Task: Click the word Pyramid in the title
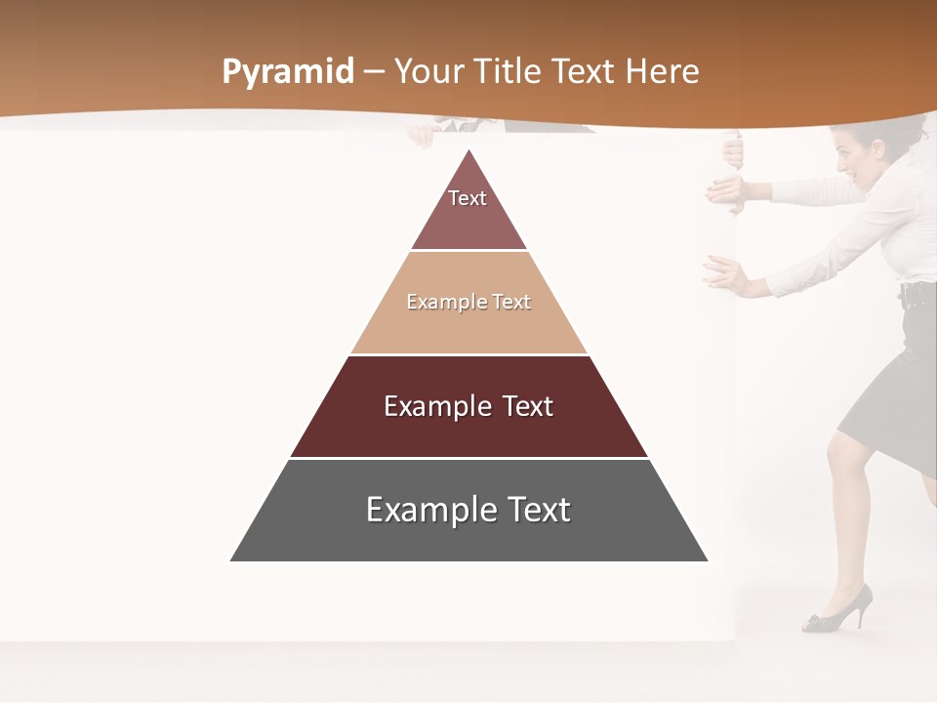click(287, 72)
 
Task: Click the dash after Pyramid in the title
click(374, 72)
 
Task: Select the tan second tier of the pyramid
click(468, 327)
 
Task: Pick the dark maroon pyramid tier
click(468, 430)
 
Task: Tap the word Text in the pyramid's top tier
click(468, 198)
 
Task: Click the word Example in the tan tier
click(436, 302)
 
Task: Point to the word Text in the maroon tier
click(522, 406)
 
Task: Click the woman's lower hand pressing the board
click(723, 274)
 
